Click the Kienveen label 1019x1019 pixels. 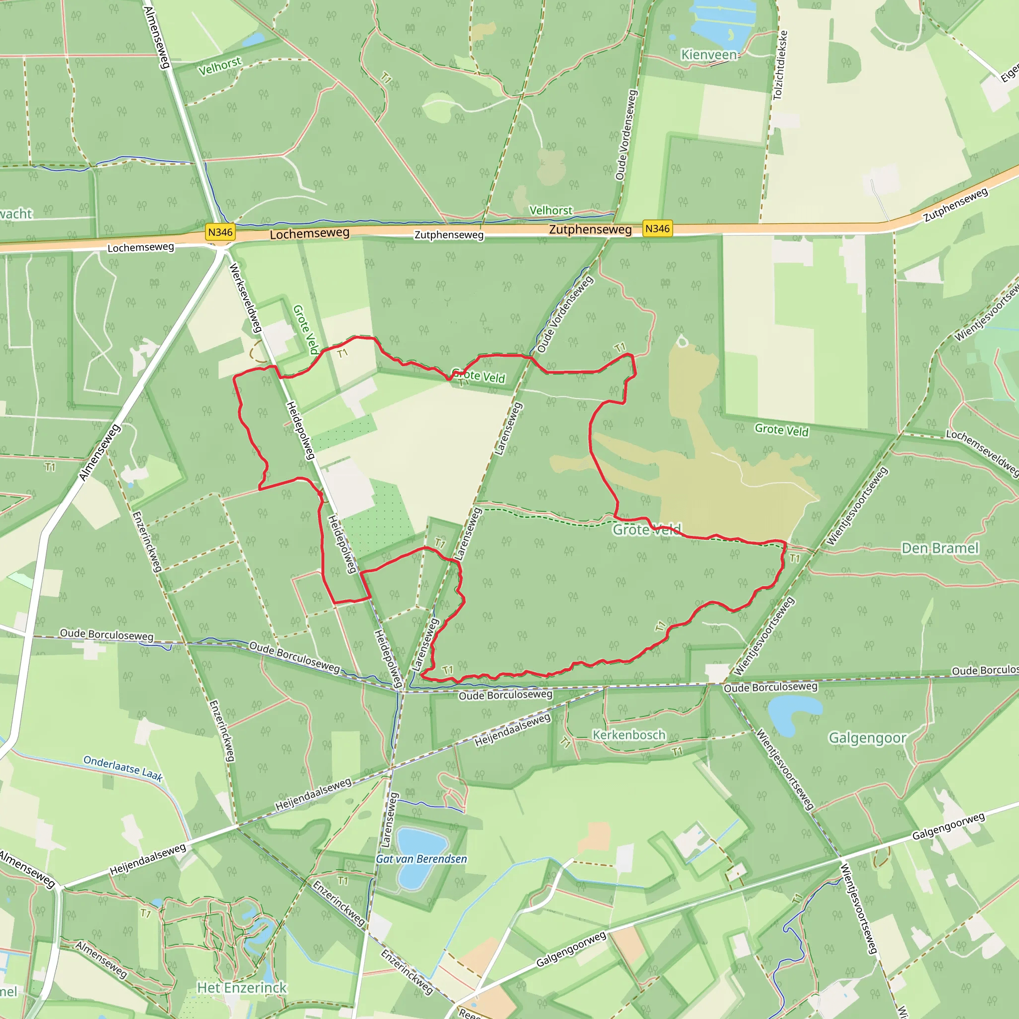coord(709,55)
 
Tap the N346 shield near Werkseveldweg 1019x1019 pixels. coord(220,232)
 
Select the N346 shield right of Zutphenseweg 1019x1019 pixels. coord(657,228)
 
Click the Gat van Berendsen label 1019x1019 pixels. coord(421,859)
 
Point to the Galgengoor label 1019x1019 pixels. coord(867,738)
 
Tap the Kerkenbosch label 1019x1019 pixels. coord(629,735)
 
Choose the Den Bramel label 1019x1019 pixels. coord(940,548)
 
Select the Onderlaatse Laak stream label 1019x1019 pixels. coord(123,768)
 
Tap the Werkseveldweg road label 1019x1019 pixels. coord(245,298)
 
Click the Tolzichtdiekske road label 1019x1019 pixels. coord(780,65)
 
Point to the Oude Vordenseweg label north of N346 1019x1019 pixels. coord(626,134)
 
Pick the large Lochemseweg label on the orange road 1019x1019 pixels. coord(309,234)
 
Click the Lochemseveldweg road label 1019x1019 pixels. coord(982,452)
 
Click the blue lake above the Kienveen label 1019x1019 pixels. coord(722,21)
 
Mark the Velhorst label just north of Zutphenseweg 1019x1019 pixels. coord(551,210)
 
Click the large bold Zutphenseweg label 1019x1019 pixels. coord(590,229)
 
